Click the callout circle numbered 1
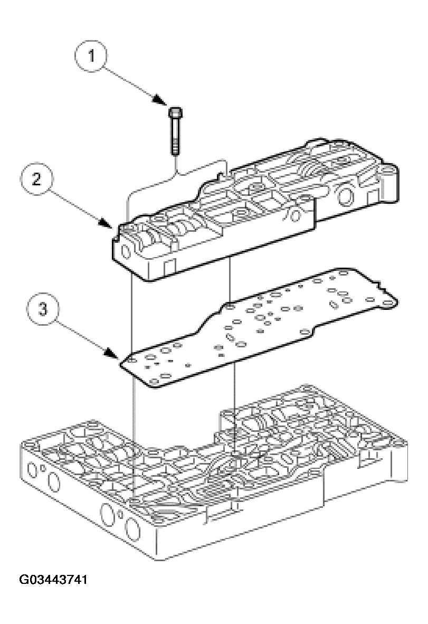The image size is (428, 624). click(x=92, y=56)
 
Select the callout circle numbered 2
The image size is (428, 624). click(x=36, y=179)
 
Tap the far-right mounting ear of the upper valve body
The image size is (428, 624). click(x=389, y=174)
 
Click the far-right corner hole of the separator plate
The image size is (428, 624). click(x=389, y=303)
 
